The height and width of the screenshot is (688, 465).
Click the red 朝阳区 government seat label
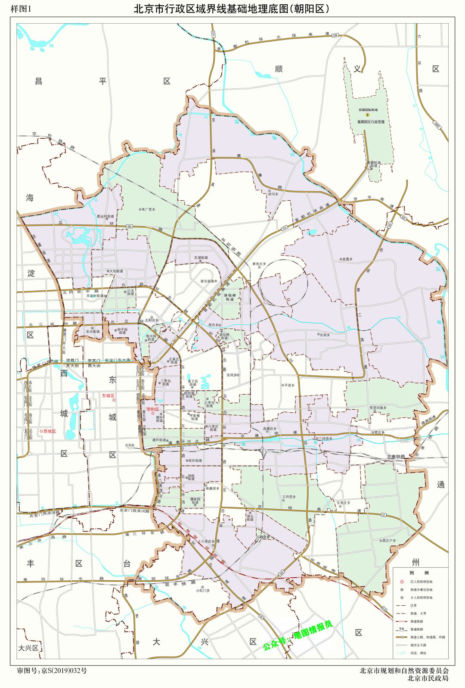153,409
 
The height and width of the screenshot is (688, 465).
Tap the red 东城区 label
108,395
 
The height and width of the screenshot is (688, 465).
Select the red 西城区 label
48,431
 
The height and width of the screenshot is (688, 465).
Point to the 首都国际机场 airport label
367,110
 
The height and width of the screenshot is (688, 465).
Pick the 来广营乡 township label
148,209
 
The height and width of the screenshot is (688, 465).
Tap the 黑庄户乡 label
388,541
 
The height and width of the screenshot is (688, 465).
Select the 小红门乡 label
203,591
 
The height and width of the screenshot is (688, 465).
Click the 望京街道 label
207,281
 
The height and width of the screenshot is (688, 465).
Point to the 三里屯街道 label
166,383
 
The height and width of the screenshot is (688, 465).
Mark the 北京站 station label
130,445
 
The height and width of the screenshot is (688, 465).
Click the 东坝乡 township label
324,334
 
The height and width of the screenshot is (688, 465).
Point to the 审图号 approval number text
52,670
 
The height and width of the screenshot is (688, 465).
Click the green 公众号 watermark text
298,636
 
